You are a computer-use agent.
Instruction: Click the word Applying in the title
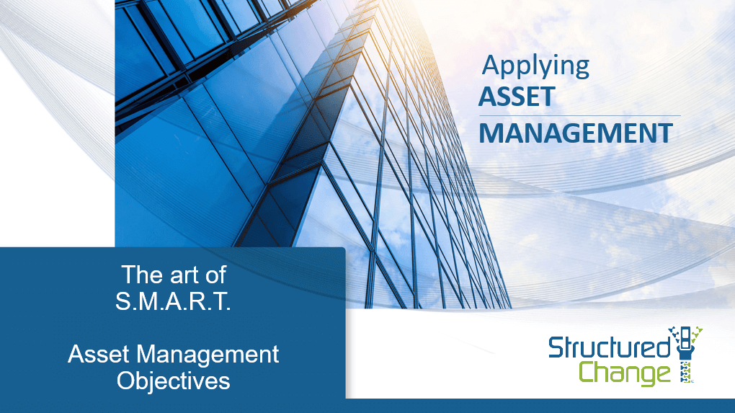536,66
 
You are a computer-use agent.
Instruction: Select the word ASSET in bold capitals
517,97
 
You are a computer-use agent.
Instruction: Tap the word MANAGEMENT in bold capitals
576,133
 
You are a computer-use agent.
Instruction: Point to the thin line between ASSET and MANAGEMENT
580,115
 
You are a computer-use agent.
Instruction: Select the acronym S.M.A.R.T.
173,301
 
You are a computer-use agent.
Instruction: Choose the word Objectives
174,381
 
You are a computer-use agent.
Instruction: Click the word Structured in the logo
610,347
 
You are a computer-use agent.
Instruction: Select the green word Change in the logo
625,373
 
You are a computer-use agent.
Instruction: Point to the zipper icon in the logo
686,355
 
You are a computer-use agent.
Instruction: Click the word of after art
215,275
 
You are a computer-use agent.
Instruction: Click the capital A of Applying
491,65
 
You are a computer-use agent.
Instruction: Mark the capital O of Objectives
126,381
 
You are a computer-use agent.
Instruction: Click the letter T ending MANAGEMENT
664,133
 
